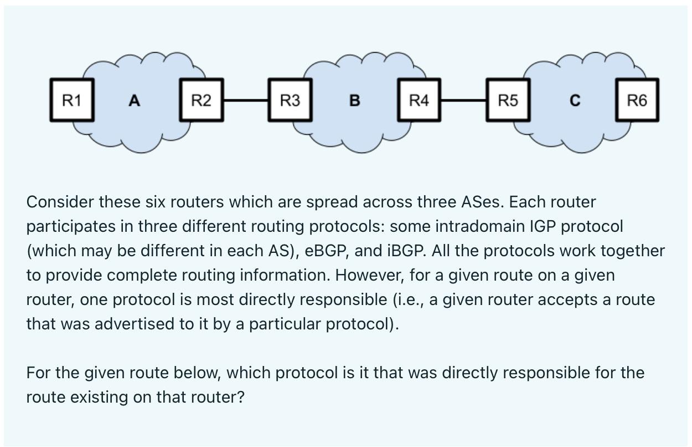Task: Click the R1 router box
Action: click(x=71, y=100)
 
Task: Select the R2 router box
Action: click(x=201, y=100)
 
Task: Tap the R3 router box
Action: click(x=290, y=100)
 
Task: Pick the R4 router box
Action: click(x=419, y=100)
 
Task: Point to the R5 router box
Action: click(x=508, y=100)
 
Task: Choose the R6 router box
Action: click(x=637, y=100)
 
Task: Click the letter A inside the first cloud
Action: click(x=134, y=101)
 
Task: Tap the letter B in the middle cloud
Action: click(x=355, y=101)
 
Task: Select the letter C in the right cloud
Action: click(x=575, y=101)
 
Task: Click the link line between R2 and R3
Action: click(x=245, y=100)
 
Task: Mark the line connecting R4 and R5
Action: click(x=463, y=100)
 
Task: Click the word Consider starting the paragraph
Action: click(x=60, y=202)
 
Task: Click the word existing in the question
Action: click(x=99, y=397)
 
